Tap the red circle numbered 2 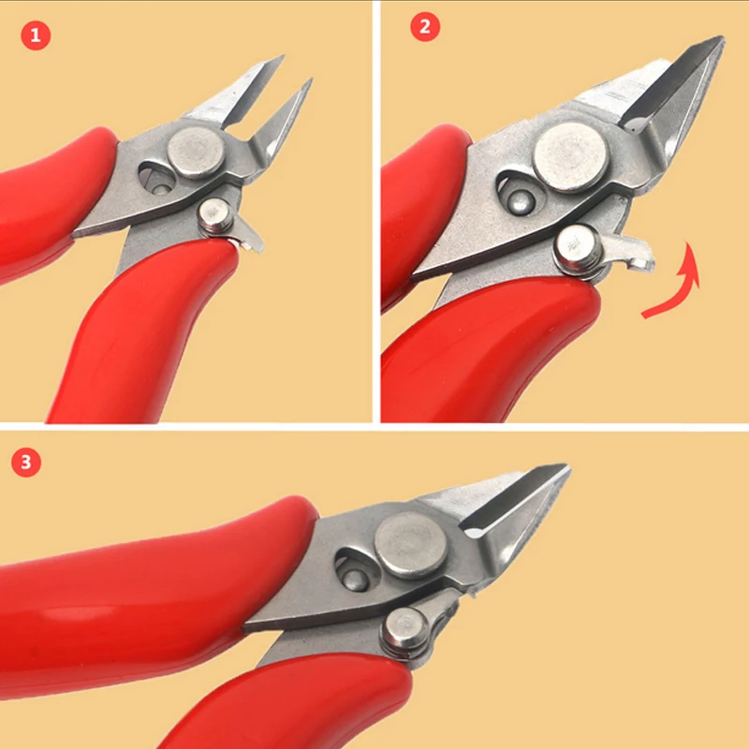point(425,27)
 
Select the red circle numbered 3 point(27,462)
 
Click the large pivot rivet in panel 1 point(197,153)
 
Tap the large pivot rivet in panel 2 point(570,154)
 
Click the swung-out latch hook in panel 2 point(632,254)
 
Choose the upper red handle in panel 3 point(140,571)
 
